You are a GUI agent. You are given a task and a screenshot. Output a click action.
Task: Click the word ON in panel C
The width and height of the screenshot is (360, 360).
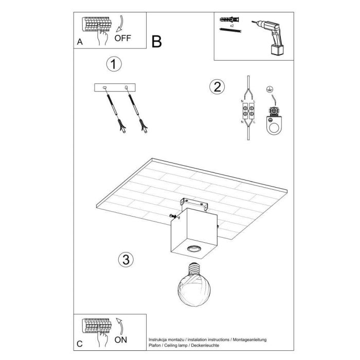pyautogui.click(x=121, y=339)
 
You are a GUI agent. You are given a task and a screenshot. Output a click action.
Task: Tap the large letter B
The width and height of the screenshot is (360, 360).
pyautogui.click(x=157, y=42)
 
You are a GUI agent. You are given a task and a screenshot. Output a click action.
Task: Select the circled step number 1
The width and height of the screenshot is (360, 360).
pyautogui.click(x=114, y=65)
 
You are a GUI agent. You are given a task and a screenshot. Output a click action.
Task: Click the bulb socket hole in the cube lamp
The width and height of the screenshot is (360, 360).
pyautogui.click(x=194, y=249)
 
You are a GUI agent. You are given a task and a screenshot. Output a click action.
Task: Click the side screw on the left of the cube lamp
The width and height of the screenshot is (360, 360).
pyautogui.click(x=172, y=216)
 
